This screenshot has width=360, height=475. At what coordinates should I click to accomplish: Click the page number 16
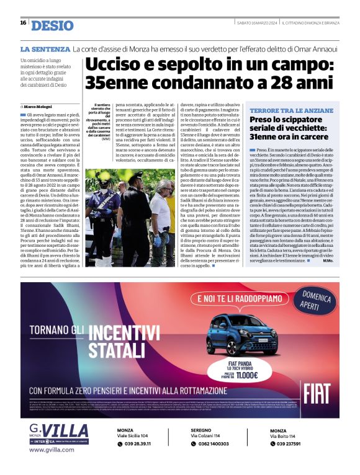pos(23,22)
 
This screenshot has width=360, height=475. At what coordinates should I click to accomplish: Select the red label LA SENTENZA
pos(44,48)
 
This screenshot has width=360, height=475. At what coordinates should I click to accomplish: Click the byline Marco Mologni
pos(40,107)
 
